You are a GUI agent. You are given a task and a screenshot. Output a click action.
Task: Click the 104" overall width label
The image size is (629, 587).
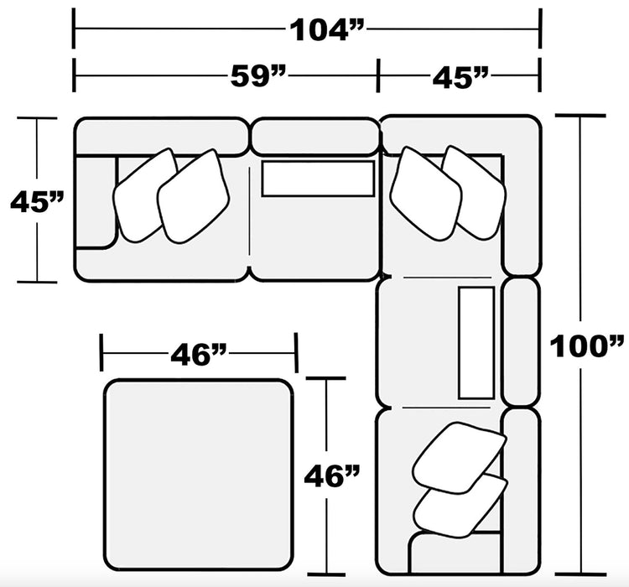(x=328, y=29)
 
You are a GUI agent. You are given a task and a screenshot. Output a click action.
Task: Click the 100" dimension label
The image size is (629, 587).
(x=586, y=345)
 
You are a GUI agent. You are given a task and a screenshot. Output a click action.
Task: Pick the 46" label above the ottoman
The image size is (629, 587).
(x=200, y=355)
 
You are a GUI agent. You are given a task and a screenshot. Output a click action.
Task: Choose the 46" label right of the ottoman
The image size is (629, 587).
(x=333, y=477)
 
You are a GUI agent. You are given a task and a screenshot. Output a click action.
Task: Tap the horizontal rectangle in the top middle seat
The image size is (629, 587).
(x=318, y=179)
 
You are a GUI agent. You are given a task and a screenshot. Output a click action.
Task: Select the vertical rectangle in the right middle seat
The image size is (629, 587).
(x=476, y=341)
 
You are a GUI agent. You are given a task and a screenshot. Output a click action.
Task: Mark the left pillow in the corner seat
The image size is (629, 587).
(x=425, y=192)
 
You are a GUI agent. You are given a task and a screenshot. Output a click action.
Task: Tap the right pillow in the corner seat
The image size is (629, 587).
(x=476, y=190)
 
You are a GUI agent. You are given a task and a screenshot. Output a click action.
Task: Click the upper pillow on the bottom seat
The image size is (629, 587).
(x=460, y=455)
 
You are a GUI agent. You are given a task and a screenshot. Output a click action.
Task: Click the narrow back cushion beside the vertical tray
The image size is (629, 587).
(x=521, y=340)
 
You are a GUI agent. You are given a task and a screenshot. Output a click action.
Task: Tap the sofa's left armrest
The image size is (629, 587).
(x=96, y=202)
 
